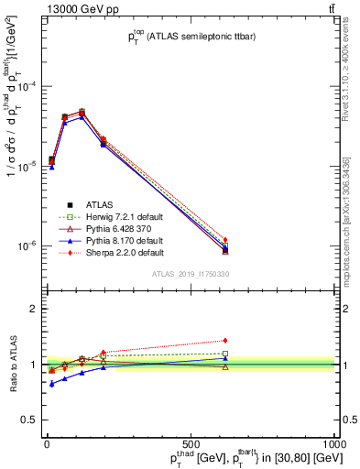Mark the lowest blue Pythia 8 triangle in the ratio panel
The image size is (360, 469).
click(x=51, y=384)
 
